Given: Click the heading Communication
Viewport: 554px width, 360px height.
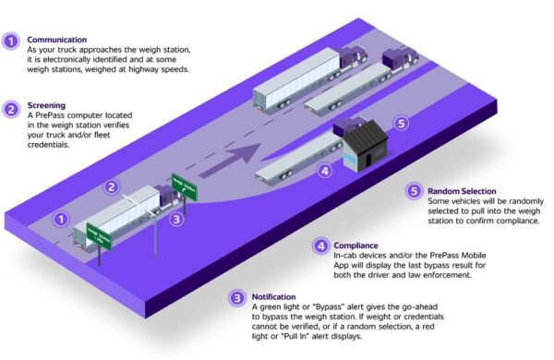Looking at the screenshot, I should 58,40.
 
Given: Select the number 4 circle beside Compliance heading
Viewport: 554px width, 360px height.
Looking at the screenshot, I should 319,246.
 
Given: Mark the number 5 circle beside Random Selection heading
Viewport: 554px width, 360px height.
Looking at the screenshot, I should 415,192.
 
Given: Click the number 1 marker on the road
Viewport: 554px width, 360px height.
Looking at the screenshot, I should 62,220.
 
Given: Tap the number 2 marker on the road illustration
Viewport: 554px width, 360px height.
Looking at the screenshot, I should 111,187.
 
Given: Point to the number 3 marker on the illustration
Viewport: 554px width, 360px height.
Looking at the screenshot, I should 178,219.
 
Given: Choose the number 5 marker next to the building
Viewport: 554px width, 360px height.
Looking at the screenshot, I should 400,122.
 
